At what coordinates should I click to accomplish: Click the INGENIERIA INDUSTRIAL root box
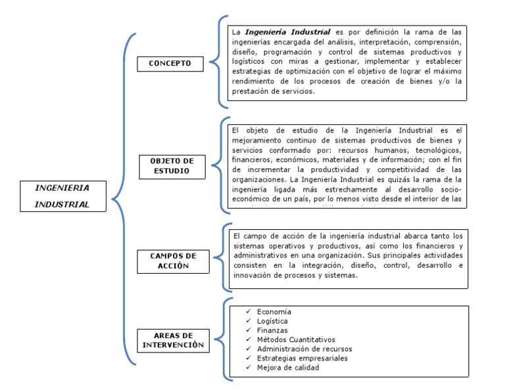[x=62, y=195]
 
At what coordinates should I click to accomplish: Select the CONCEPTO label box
[x=170, y=63]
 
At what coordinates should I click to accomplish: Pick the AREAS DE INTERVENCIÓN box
[x=174, y=339]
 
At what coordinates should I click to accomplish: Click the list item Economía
[x=274, y=311]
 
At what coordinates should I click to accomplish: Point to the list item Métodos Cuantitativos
[x=296, y=339]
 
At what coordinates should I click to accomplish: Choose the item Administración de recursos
[x=304, y=349]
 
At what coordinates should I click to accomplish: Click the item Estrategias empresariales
[x=302, y=358]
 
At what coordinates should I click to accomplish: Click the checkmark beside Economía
[x=247, y=311]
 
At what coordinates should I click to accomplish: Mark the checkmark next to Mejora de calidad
[x=247, y=367]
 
